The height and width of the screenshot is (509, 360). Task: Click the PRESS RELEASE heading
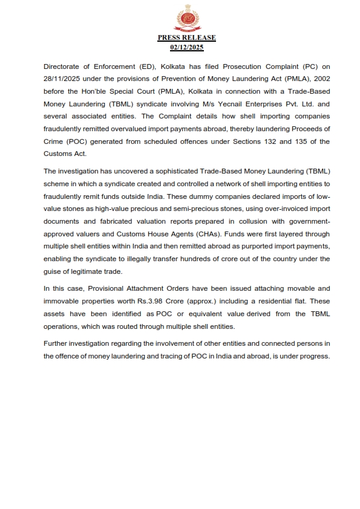click(186, 37)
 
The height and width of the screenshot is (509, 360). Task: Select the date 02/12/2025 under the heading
click(186, 47)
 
